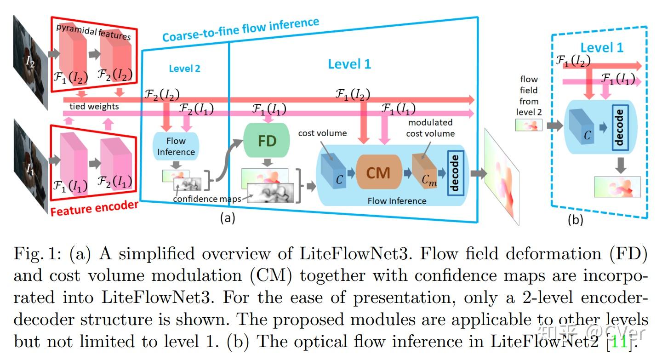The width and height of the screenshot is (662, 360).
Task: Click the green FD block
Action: (267, 140)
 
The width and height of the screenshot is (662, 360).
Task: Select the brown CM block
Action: (378, 173)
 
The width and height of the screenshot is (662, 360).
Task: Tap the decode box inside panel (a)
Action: (454, 173)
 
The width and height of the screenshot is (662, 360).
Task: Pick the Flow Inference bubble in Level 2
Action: (176, 146)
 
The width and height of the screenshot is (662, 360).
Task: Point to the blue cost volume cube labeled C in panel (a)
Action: (335, 172)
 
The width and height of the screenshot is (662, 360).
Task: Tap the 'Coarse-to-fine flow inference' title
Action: (240, 29)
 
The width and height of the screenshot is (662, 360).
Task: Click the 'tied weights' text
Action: (94, 106)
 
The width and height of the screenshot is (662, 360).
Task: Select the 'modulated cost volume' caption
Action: (431, 128)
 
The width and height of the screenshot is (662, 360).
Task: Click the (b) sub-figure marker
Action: (575, 220)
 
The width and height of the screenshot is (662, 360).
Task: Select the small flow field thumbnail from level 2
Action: (529, 125)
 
